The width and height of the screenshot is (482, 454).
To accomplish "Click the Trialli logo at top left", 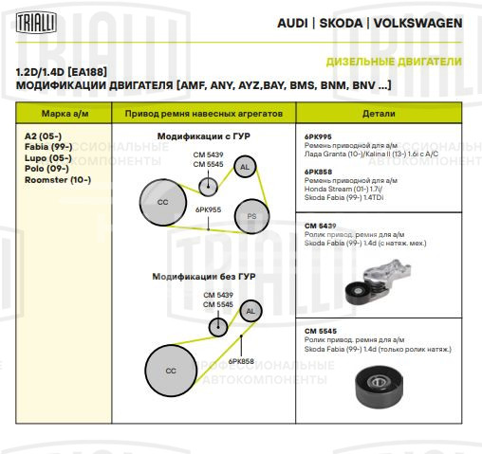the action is (x=36, y=23).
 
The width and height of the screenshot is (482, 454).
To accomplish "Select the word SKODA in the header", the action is (x=341, y=23).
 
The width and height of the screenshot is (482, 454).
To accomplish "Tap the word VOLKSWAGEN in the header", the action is (x=417, y=23).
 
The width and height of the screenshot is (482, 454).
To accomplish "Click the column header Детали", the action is (x=379, y=114).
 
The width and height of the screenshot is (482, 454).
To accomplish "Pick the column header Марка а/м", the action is (x=65, y=114).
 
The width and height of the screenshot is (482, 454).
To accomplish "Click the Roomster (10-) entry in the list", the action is (x=58, y=180).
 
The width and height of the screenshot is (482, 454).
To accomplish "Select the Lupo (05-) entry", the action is (x=48, y=158).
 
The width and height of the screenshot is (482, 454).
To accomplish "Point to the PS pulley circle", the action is (x=251, y=216).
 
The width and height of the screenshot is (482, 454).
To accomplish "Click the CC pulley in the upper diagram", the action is (x=163, y=202).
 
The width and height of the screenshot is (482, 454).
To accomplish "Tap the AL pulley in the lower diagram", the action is (x=250, y=311).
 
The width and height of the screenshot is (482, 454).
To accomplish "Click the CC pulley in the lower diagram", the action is (x=171, y=371).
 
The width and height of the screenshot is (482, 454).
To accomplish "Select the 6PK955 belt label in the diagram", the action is (x=208, y=209).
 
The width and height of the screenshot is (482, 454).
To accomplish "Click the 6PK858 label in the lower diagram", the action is (x=241, y=361).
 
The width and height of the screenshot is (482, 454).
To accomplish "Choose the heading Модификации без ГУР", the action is (x=204, y=277).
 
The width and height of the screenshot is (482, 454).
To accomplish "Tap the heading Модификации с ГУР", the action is (x=204, y=136).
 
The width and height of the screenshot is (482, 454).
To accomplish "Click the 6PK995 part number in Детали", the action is (x=318, y=136).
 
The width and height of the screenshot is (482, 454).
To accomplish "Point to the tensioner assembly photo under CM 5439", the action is (x=379, y=281).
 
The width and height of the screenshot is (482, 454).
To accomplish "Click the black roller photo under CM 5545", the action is (x=380, y=387).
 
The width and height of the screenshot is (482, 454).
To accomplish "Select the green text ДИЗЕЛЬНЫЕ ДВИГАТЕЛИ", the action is (x=394, y=62).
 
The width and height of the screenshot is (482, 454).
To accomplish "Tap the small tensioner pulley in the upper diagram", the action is (x=208, y=187).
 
